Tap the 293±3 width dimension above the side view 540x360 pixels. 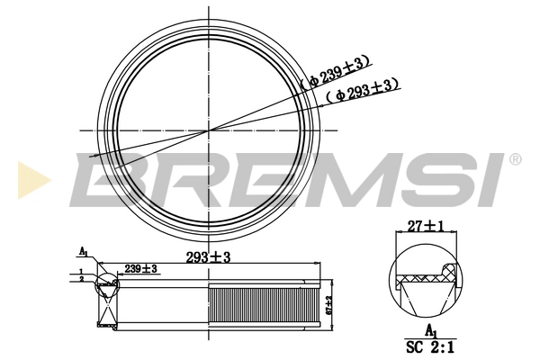209,257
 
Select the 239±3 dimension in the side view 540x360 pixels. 141,269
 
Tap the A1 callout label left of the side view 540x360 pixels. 83,251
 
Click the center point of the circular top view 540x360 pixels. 209,130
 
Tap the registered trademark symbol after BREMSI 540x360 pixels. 516,159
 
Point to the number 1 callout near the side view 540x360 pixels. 80,271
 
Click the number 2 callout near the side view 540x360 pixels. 80,279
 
